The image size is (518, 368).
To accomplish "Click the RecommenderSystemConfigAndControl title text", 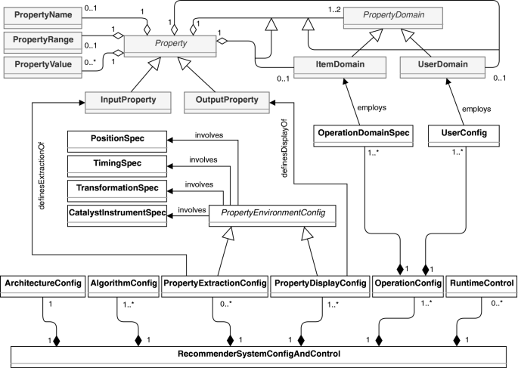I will (x=259, y=353).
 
